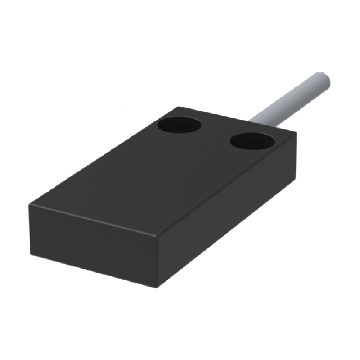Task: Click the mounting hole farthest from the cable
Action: [179, 126]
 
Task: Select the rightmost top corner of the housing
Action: [296, 132]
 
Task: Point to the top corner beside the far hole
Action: [179, 107]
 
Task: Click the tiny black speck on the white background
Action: [123, 108]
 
